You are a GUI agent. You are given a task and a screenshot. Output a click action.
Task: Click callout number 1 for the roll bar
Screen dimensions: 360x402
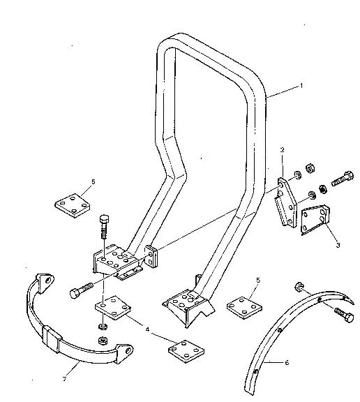point(301,86)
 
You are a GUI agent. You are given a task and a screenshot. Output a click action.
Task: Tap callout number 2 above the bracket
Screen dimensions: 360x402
point(282,150)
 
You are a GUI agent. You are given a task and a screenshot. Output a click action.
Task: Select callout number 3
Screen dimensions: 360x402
point(338,245)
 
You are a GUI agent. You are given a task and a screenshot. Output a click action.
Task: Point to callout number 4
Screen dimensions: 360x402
point(147,329)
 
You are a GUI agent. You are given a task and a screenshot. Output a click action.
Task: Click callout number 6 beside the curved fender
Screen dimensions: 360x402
point(287,362)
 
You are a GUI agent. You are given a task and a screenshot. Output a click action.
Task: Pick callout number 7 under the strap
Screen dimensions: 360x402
point(65,379)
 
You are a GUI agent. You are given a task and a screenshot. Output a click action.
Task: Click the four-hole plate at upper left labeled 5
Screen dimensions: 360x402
point(73,206)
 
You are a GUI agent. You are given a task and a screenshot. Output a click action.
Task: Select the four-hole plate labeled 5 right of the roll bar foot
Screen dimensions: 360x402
point(244,307)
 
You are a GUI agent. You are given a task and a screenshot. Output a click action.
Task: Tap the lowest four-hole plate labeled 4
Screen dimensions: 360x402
point(186,352)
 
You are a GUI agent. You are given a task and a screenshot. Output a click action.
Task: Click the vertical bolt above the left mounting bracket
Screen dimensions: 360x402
point(104,226)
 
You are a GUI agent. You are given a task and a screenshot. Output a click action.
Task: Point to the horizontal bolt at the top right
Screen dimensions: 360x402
point(343,179)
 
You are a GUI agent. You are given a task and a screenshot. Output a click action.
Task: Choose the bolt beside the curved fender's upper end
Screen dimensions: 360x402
point(344,314)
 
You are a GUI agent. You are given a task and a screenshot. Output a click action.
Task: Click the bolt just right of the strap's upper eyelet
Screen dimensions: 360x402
point(81,290)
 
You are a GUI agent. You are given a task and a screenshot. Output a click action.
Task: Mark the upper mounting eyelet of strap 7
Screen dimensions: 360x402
point(45,281)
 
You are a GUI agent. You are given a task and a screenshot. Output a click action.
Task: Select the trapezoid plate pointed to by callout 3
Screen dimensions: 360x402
point(315,220)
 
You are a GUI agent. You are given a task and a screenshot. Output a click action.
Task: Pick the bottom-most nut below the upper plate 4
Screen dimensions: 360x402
point(103,341)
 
